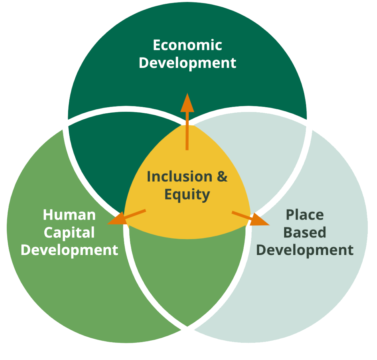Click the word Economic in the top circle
click(187, 45)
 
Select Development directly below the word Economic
click(187, 63)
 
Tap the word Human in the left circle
click(69, 215)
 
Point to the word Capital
click(69, 233)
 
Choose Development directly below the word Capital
click(69, 250)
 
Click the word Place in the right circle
click(305, 215)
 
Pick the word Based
click(305, 232)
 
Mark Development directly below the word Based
click(305, 250)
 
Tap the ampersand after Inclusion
click(222, 177)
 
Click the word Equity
click(187, 194)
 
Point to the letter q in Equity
click(178, 195)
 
